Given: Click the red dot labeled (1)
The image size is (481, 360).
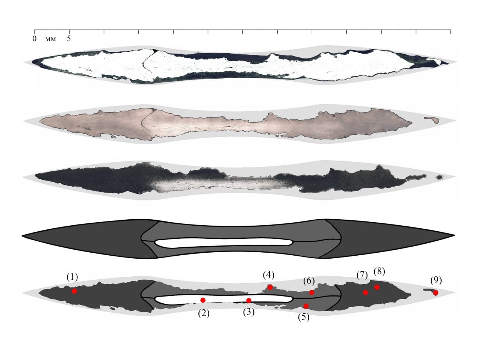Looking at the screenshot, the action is [x=74, y=291].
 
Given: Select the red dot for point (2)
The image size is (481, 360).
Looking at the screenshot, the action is [x=203, y=300].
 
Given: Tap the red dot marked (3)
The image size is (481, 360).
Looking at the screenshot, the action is [x=249, y=300].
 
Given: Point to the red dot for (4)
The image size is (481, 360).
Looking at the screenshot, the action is [x=270, y=287].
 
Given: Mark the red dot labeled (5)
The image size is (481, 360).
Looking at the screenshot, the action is [x=306, y=306].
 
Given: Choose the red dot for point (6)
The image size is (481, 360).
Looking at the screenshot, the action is [x=312, y=292].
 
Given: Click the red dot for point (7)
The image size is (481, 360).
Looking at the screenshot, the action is [x=365, y=292].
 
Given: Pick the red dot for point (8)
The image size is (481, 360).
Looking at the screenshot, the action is [x=377, y=287].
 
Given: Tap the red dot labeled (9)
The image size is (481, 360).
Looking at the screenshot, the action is [x=436, y=292].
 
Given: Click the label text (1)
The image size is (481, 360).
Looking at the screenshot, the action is [x=72, y=277].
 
